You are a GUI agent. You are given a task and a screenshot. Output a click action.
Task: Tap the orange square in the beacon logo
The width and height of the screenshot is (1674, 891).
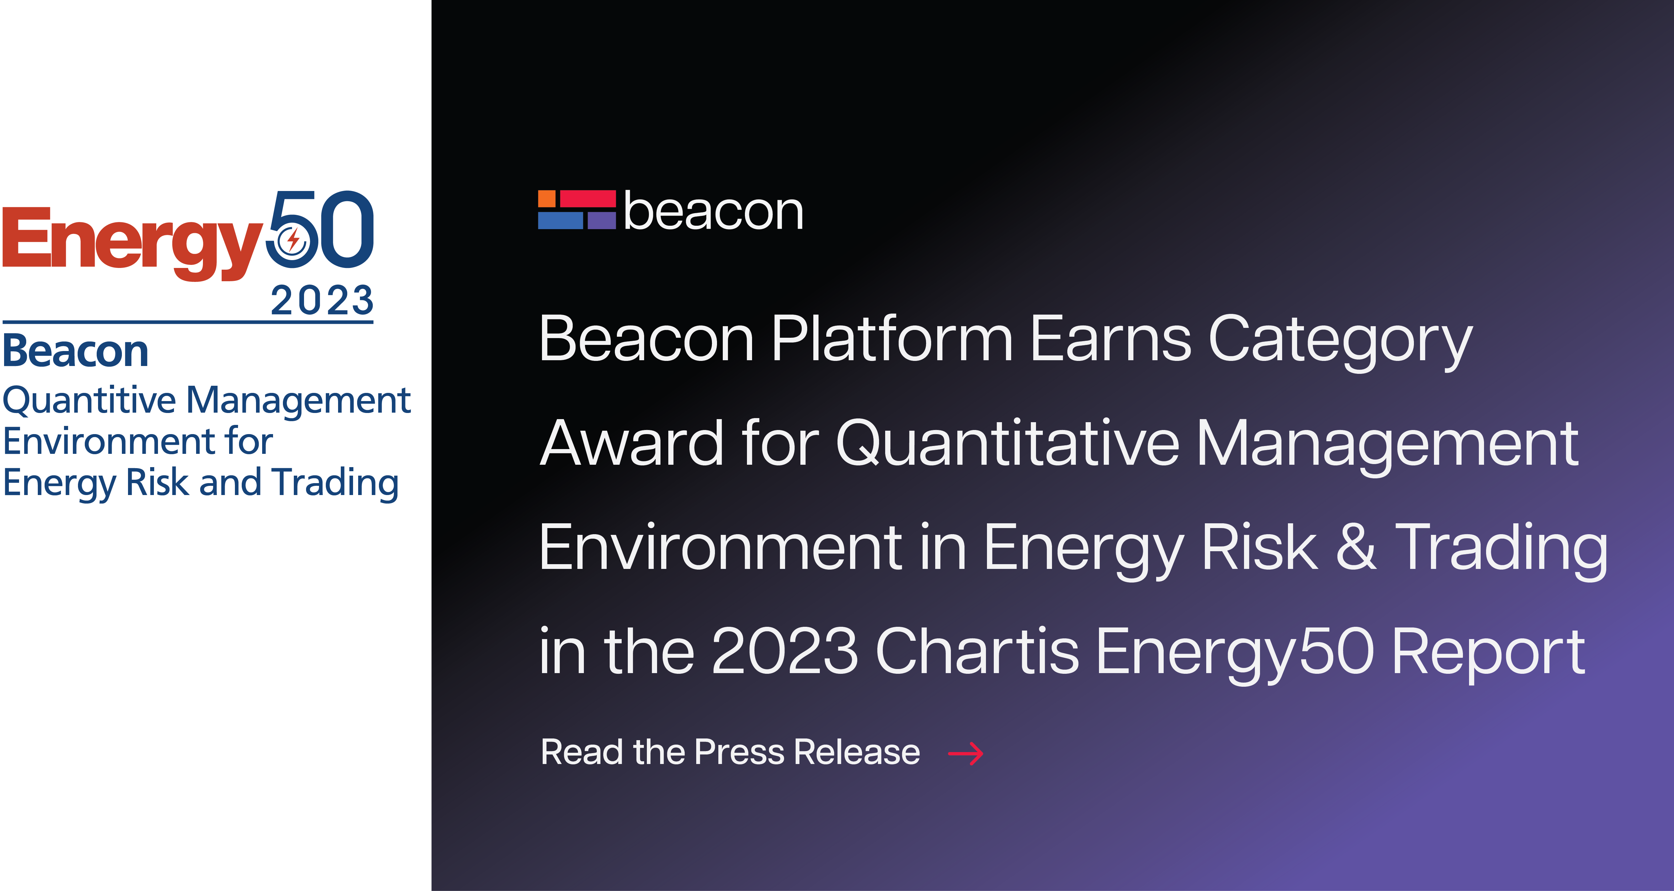[x=546, y=199]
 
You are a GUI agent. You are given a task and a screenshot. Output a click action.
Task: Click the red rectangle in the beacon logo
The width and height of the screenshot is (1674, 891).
[x=588, y=199]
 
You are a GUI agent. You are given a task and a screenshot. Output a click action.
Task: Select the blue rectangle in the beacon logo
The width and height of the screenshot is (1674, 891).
[x=560, y=221]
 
